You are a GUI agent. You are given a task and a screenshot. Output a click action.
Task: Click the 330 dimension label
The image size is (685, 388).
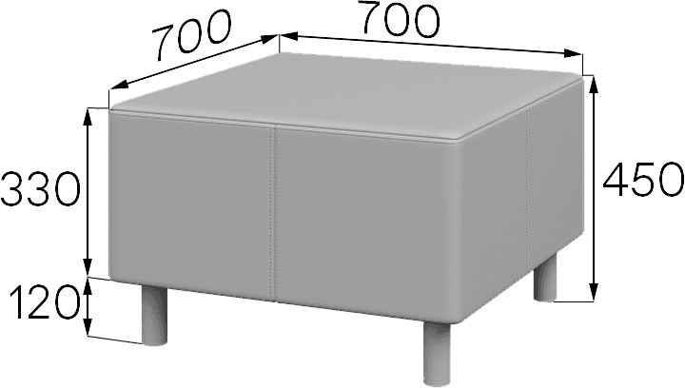[40, 189]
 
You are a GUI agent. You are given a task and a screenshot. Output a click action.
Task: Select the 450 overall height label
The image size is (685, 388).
[643, 179]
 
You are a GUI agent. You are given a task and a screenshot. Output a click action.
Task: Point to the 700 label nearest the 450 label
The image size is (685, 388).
[400, 21]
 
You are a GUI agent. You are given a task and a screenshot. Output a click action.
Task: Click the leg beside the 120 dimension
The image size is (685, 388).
[155, 315]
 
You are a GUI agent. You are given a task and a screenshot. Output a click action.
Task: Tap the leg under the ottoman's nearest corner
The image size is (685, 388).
[437, 354]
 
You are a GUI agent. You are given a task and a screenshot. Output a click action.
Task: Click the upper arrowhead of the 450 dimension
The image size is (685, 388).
[594, 86]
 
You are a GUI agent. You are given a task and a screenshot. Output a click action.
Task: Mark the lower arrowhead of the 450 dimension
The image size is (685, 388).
[594, 292]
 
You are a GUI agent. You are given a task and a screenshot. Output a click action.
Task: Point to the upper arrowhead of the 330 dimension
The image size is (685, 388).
[88, 117]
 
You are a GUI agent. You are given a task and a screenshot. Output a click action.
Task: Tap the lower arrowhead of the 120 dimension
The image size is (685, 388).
[88, 327]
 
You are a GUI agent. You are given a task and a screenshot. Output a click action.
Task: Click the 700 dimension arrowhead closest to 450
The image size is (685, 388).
[573, 53]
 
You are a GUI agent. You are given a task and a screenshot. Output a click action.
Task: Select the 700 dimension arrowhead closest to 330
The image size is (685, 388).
[118, 85]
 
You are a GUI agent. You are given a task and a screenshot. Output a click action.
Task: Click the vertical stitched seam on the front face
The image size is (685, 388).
[274, 214]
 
